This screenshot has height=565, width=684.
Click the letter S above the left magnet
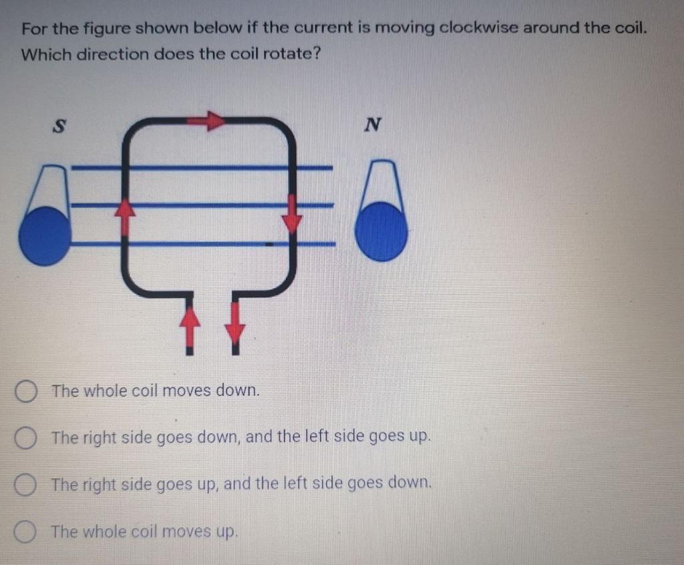point(59,126)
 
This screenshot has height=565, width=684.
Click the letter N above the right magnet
point(373,124)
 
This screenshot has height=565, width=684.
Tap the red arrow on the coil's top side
point(207,120)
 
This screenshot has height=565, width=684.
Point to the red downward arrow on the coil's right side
point(292,216)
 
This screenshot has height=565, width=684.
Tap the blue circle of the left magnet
point(44,235)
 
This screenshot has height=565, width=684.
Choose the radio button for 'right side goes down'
point(26,438)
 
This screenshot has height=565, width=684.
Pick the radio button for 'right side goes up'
point(26,483)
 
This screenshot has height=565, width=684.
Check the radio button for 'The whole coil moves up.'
point(26,532)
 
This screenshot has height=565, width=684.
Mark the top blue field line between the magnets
point(200,167)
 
